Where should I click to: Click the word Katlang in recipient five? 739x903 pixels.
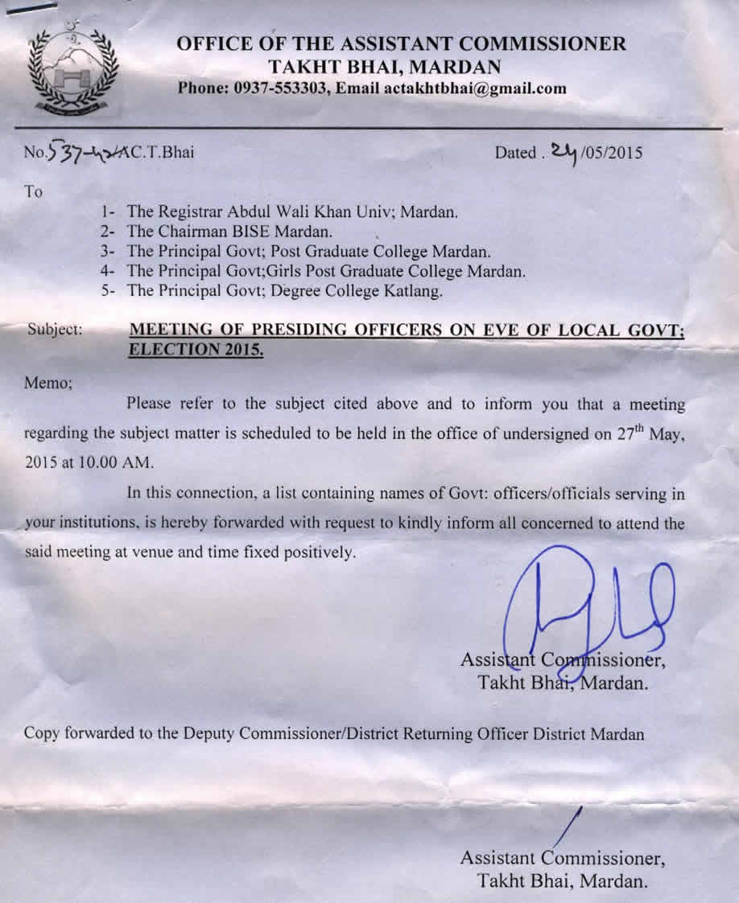410,290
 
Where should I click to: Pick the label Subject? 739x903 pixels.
55,329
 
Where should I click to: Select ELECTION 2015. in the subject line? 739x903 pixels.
197,350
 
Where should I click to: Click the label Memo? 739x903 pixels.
49,383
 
